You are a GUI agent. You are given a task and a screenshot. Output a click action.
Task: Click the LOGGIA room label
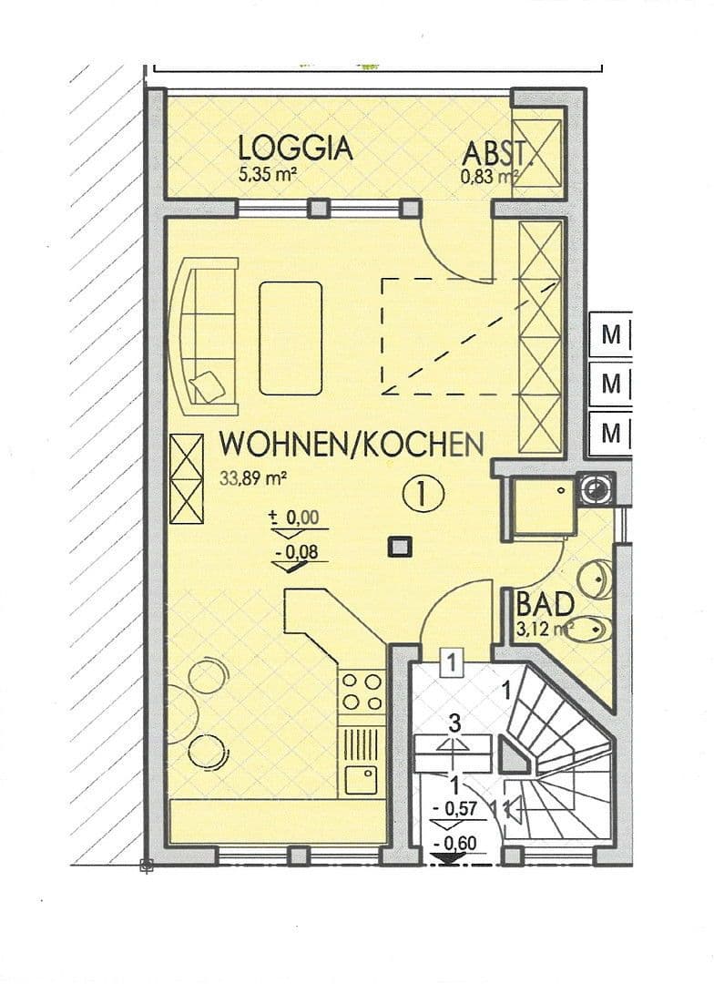point(295,148)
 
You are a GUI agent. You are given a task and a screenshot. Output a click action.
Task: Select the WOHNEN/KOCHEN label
point(352,445)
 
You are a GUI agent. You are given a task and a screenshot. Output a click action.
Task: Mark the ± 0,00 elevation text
point(293,518)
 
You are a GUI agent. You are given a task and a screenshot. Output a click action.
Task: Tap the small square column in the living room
point(398,547)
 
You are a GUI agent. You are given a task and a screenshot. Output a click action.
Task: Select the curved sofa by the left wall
point(206,333)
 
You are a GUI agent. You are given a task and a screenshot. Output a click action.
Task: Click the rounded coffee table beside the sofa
point(291,338)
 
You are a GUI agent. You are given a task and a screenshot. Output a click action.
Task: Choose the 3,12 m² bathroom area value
point(544,627)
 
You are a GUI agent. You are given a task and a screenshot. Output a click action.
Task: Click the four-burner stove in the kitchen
point(361,692)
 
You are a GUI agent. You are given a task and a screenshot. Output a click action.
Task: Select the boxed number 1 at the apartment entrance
point(451,661)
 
